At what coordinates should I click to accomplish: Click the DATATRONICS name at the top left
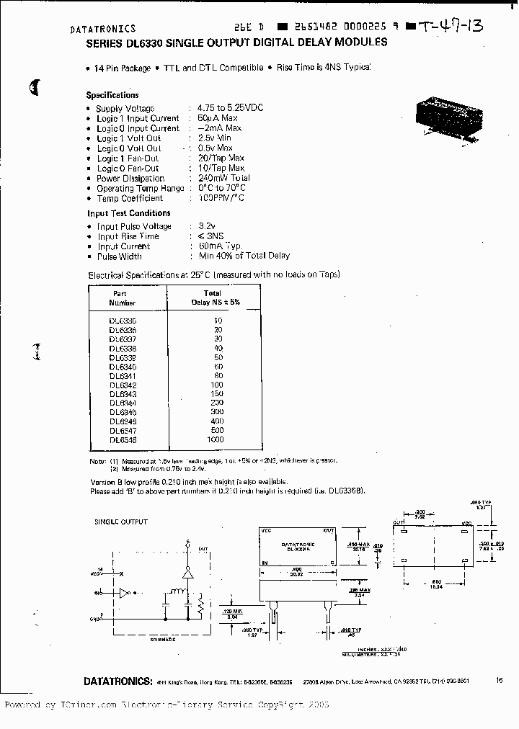point(102,30)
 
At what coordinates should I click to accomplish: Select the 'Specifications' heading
point(112,95)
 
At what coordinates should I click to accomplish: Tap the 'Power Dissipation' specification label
point(130,179)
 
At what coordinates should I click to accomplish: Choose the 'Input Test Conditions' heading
point(129,213)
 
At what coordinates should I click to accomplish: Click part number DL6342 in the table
point(123,385)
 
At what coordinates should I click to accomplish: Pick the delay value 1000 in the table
point(214,439)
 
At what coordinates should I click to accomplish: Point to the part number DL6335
point(123,321)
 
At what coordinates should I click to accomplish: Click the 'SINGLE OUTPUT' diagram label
point(121,522)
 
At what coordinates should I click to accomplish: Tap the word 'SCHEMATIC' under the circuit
point(167,639)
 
